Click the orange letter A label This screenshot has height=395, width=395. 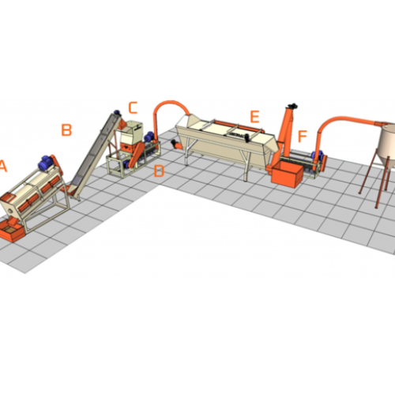click(x=2, y=166)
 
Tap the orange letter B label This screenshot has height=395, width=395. click(x=66, y=130)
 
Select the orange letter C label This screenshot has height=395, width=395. click(x=134, y=108)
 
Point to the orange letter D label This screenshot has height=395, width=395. click(x=159, y=171)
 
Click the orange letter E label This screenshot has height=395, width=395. click(x=254, y=117)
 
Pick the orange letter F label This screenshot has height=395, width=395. click(x=303, y=136)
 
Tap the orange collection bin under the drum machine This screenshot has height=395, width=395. click(x=12, y=231)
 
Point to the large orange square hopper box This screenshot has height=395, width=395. click(x=288, y=174)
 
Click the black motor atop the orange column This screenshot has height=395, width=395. click(x=292, y=106)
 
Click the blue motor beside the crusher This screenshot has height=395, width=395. click(x=149, y=137)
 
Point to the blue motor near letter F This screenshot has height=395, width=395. click(x=317, y=156)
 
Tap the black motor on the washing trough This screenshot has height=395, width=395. click(x=246, y=137)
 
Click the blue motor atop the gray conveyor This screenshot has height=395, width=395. click(x=117, y=112)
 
